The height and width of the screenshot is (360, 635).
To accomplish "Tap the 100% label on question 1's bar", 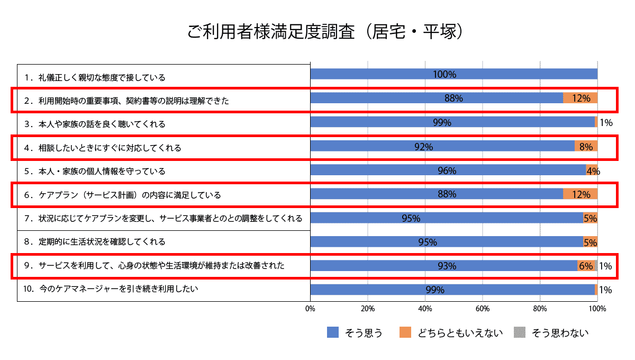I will click(x=444, y=74).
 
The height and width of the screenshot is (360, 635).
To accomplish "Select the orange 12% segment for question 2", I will click(x=580, y=98).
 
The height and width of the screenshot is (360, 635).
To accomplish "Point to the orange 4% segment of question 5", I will click(x=592, y=170).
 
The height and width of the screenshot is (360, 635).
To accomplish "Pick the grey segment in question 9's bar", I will click(x=596, y=266).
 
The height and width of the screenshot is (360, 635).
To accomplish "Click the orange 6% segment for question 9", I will click(x=585, y=266).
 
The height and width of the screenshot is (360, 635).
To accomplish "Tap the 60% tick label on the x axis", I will click(x=482, y=308).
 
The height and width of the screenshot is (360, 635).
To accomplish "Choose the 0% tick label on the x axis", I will click(x=311, y=308).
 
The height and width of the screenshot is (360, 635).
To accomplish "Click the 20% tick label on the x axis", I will click(x=368, y=308).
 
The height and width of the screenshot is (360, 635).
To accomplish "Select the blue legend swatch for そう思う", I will click(x=333, y=332).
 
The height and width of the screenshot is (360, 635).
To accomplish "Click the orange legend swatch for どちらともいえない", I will click(x=406, y=332).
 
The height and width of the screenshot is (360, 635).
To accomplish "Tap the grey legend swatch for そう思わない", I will click(x=520, y=332).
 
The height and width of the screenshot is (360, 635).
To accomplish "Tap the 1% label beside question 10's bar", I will click(x=605, y=290).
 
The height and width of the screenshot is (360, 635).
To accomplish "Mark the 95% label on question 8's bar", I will click(x=428, y=242).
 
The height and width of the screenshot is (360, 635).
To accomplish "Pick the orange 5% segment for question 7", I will click(x=590, y=218).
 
